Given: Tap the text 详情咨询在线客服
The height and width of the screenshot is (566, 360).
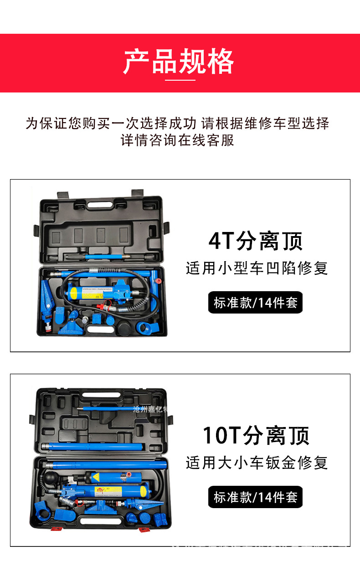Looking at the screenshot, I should (x=177, y=140).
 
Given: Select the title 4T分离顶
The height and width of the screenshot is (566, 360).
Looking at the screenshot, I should (x=256, y=241).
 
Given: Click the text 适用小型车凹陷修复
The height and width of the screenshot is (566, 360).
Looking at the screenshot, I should (x=257, y=268).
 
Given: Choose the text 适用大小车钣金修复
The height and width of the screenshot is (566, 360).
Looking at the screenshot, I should (x=257, y=463).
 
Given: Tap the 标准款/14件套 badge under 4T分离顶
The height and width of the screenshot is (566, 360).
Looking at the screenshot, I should (x=255, y=302).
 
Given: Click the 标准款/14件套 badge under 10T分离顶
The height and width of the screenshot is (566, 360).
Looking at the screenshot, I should (x=255, y=497).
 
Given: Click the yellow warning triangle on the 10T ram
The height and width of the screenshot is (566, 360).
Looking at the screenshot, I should (x=97, y=477).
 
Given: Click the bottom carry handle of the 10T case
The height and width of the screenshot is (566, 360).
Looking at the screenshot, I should (x=98, y=520).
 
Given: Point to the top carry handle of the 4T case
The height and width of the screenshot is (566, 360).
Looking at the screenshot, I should (x=101, y=205).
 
